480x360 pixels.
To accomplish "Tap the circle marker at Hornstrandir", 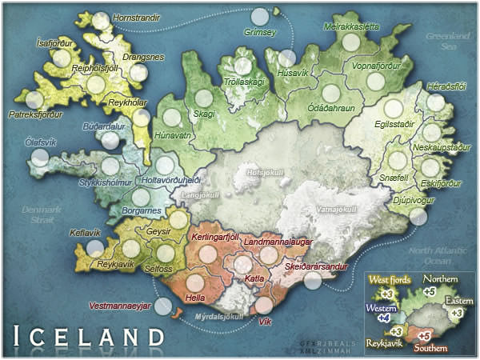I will coord(101,22).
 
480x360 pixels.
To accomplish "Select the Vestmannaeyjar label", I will coord(120,306).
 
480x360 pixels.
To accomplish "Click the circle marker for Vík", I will coord(264,306).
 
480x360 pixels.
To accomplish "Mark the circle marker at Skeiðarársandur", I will coord(313,281).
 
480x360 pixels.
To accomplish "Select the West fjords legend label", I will coord(390,279).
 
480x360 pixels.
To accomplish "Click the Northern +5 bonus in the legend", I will coord(430,292).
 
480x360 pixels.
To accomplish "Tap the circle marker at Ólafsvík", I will coord(38,158).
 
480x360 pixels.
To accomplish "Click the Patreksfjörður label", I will coord(35,114).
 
